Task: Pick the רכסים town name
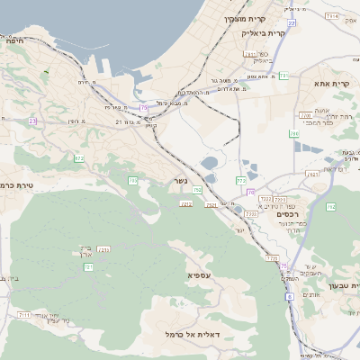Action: coord(285,213)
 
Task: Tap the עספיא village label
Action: coord(199,274)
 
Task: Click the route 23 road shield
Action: coord(33,121)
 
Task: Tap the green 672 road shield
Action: coord(79,158)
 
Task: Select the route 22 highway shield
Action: coord(291,22)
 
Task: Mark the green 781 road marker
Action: coord(283,76)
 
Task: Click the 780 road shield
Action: coord(293,133)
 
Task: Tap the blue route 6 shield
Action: coord(290,295)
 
